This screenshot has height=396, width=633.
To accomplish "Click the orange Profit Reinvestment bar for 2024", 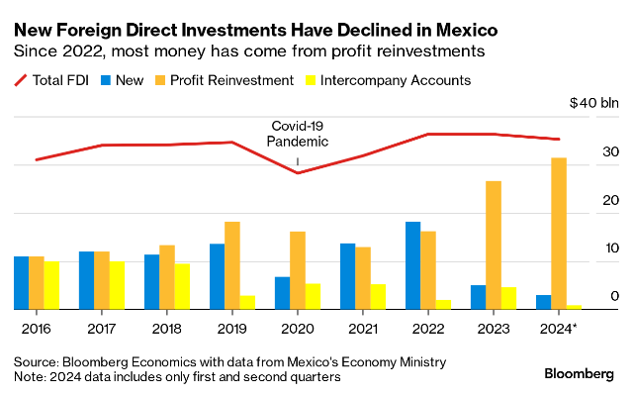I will pos(559,234).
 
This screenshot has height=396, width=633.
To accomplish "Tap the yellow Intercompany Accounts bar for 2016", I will pos(51,285).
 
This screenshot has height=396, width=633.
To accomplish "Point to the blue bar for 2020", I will pos(282,293).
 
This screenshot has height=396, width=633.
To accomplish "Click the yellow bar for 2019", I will pos(247,302).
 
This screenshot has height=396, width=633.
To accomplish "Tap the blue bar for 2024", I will pos(544,302).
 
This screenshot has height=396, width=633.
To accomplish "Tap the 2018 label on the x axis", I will pos(165,327).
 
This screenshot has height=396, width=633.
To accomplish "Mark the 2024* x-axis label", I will pos(559,327).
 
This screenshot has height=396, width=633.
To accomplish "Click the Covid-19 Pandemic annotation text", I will pos(298,134).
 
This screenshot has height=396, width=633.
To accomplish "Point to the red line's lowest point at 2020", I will pos(298,173).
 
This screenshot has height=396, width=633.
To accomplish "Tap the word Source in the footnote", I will pos(37,361).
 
